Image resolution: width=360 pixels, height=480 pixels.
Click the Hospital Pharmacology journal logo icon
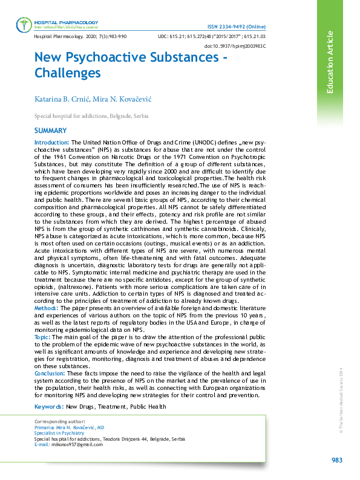tap(24, 25)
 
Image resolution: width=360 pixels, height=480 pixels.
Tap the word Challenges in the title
tap(67, 73)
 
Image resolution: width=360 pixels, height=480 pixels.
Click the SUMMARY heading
tap(51, 131)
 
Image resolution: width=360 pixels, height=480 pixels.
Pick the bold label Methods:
tap(47, 308)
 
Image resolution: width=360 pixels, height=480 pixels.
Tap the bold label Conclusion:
tap(50, 374)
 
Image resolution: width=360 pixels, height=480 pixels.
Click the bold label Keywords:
tap(49, 407)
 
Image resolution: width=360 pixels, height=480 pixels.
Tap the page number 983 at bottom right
tap(337, 461)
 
